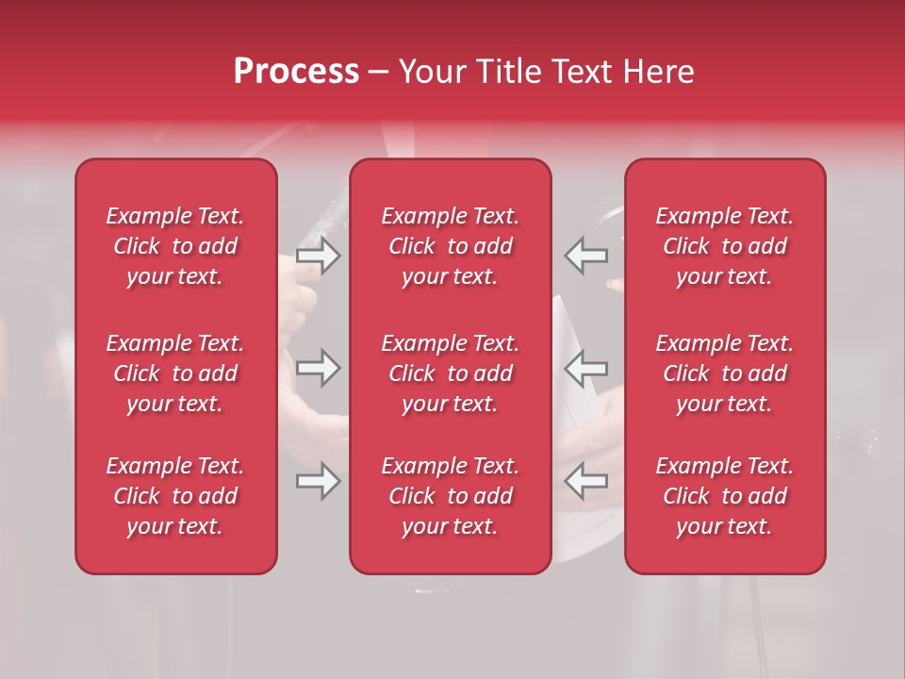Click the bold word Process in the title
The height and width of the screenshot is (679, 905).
click(296, 72)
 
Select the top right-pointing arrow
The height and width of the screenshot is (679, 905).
click(319, 256)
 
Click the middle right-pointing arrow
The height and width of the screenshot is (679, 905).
click(319, 368)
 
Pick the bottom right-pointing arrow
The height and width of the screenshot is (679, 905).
click(319, 481)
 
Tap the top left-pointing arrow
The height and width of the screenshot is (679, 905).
click(585, 256)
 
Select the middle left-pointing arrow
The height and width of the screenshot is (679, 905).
click(585, 368)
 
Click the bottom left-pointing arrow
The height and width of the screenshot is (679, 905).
click(585, 481)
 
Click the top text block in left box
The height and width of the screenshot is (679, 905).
click(175, 246)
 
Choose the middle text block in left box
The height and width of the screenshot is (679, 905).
click(175, 373)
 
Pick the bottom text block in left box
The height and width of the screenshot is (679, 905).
click(175, 496)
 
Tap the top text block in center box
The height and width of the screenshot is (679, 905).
click(451, 246)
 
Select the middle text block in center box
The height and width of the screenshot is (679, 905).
click(451, 373)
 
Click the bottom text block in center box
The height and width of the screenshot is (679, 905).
click(451, 496)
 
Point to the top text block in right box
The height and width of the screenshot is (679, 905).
click(725, 246)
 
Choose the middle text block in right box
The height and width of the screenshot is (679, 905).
click(725, 373)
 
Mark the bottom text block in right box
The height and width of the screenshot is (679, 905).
click(725, 496)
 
